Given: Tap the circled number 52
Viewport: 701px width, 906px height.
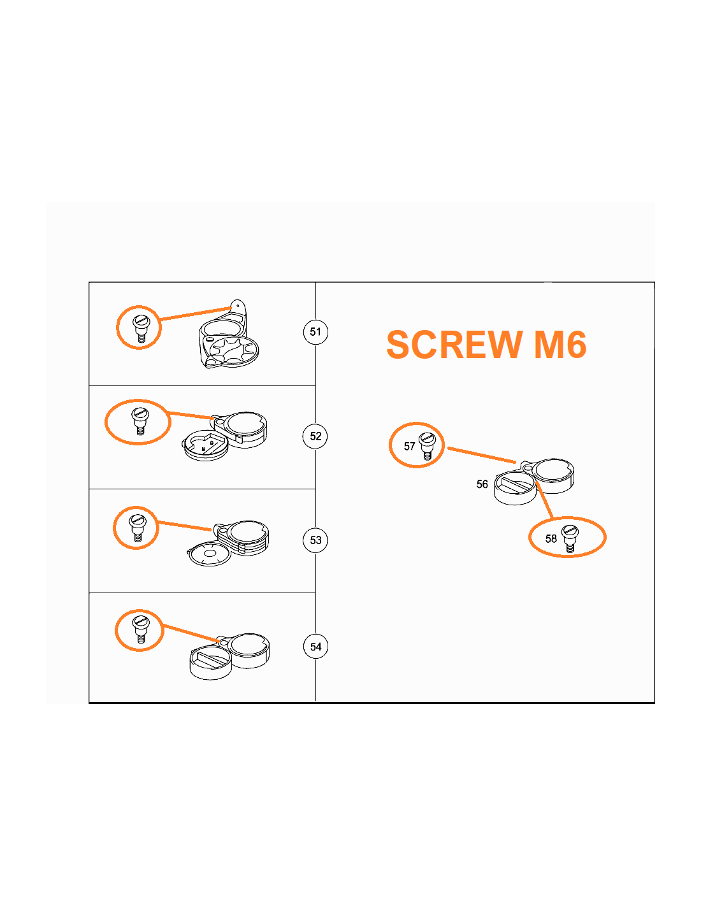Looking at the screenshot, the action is [315, 436].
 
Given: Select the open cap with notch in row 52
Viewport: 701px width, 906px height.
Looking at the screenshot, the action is [205, 445].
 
